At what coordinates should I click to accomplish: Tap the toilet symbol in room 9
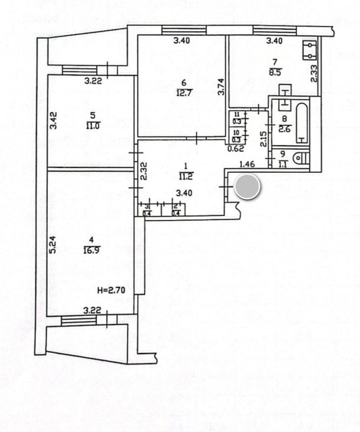pos(301,158)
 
